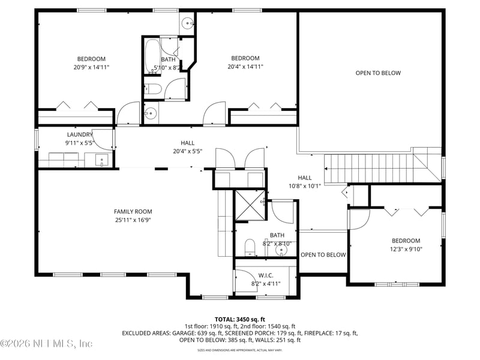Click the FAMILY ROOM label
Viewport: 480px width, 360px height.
pyautogui.click(x=133, y=211)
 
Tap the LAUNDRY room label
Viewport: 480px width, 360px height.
pyautogui.click(x=79, y=135)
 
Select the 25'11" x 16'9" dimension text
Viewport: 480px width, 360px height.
pyautogui.click(x=133, y=220)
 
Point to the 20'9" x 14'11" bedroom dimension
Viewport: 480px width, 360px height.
pyautogui.click(x=91, y=67)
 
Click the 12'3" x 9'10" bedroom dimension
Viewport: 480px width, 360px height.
pyautogui.click(x=406, y=249)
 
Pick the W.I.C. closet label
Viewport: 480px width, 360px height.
pyautogui.click(x=265, y=275)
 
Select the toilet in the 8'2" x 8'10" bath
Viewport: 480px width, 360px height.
pyautogui.click(x=251, y=246)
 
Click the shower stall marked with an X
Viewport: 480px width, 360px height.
pyautogui.click(x=248, y=205)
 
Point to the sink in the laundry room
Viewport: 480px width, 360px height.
pyautogui.click(x=102, y=160)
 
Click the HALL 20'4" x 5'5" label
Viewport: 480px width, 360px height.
pyautogui.click(x=187, y=147)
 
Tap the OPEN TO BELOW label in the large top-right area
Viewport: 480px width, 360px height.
pyautogui.click(x=378, y=73)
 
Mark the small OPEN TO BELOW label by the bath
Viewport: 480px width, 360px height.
pyautogui.click(x=323, y=255)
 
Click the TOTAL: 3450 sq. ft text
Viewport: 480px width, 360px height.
pyautogui.click(x=240, y=319)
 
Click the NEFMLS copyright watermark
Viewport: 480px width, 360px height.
pyautogui.click(x=47, y=344)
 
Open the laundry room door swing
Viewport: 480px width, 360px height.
pyautogui.click(x=104, y=139)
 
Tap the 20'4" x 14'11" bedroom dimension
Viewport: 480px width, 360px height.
pyautogui.click(x=245, y=67)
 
